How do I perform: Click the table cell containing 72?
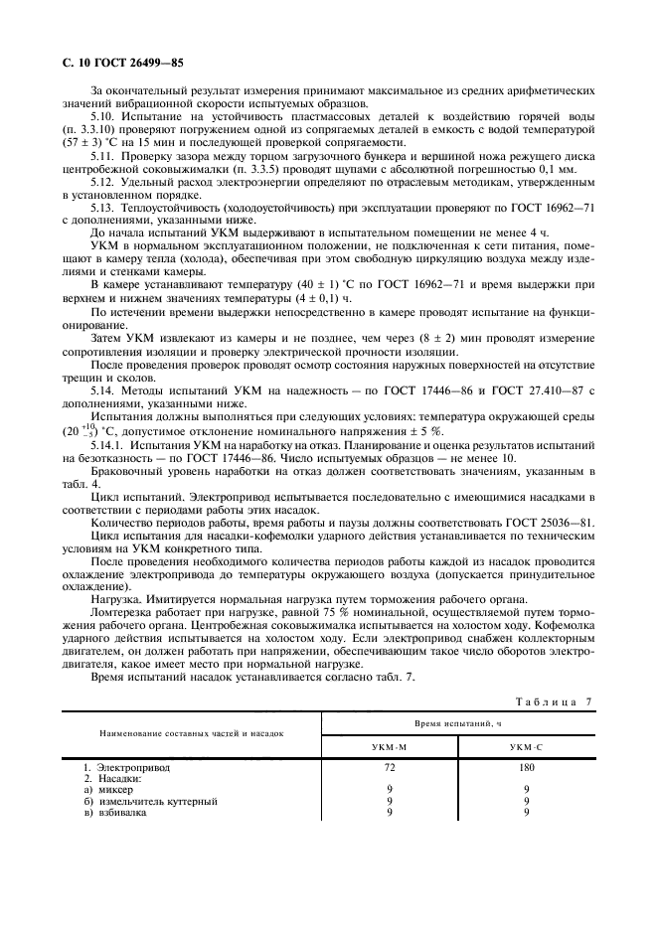click(x=389, y=768)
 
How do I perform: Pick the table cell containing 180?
click(x=526, y=768)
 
